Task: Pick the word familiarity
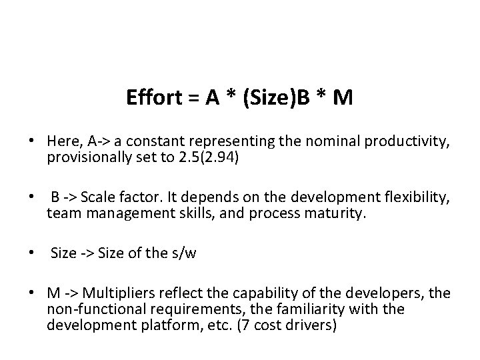click(x=315, y=311)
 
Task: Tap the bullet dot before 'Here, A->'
click(x=31, y=141)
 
